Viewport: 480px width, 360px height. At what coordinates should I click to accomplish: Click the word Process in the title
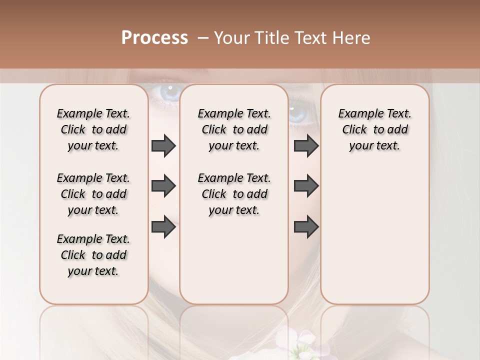coord(154,38)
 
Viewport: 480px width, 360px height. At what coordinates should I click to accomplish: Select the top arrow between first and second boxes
coord(163,145)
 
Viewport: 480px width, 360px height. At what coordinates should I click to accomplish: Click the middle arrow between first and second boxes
coord(163,186)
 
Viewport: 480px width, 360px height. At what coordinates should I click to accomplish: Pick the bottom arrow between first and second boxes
coord(163,226)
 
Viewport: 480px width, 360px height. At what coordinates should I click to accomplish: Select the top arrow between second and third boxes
coord(306,145)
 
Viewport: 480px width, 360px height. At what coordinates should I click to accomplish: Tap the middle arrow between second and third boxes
coord(306,186)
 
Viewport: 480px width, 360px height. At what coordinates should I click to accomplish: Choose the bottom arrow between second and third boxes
coord(306,226)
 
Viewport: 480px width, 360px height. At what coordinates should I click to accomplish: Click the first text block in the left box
coord(93,129)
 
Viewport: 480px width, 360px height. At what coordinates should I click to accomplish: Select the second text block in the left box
coord(93,194)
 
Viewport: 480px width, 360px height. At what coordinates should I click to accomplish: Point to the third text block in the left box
coord(93,255)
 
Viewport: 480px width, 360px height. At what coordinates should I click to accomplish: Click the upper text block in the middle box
coord(234,129)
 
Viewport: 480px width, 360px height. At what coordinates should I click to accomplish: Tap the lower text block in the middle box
coord(234,194)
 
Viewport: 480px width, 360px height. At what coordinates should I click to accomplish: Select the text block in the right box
coord(374,129)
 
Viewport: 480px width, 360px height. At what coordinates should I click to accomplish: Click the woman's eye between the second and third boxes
coord(298,113)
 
